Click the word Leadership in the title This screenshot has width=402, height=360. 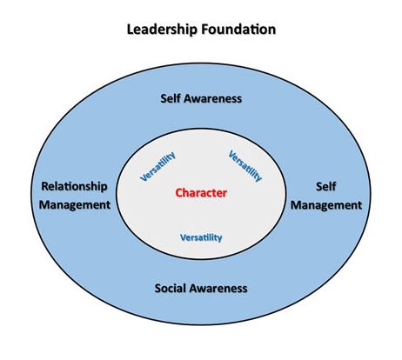(x=163, y=30)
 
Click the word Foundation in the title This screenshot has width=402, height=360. (x=238, y=30)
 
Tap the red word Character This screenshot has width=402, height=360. (x=201, y=193)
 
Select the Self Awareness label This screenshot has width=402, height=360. (x=201, y=98)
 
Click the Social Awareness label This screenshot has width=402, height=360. (x=201, y=288)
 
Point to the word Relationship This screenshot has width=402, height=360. (x=74, y=186)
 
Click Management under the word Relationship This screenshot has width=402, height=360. (x=75, y=204)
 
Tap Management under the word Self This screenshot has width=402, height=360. (x=326, y=205)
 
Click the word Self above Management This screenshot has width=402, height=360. (x=325, y=186)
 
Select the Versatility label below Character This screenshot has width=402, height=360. (x=201, y=237)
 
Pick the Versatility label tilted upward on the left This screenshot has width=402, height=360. (x=157, y=166)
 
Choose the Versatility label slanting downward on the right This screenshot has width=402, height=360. (x=245, y=166)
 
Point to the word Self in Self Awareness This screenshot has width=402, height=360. (x=171, y=98)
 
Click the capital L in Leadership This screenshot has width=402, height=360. (x=131, y=30)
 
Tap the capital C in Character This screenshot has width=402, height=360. (x=179, y=193)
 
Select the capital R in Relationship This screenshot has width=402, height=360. (x=45, y=186)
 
